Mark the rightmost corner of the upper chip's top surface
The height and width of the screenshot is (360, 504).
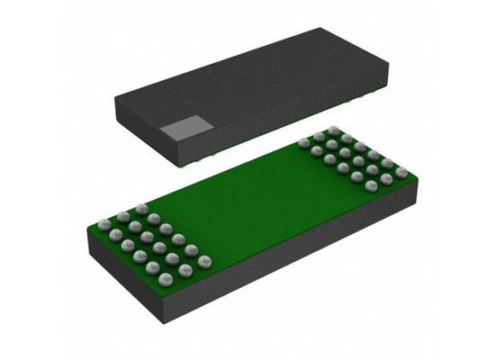click(x=388, y=67)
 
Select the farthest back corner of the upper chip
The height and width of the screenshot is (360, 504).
click(x=320, y=29)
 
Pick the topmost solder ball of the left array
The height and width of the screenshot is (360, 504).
click(x=141, y=209)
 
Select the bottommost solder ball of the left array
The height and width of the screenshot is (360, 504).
click(x=166, y=280)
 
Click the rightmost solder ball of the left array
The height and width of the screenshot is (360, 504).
click(x=204, y=261)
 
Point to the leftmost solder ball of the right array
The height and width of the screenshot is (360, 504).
click(x=304, y=142)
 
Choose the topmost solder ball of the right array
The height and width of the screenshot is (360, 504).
click(x=334, y=130)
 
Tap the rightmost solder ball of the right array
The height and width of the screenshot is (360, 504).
click(x=401, y=171)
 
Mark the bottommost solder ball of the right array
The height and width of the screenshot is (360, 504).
click(x=371, y=185)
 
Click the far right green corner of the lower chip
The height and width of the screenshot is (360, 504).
click(x=417, y=178)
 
